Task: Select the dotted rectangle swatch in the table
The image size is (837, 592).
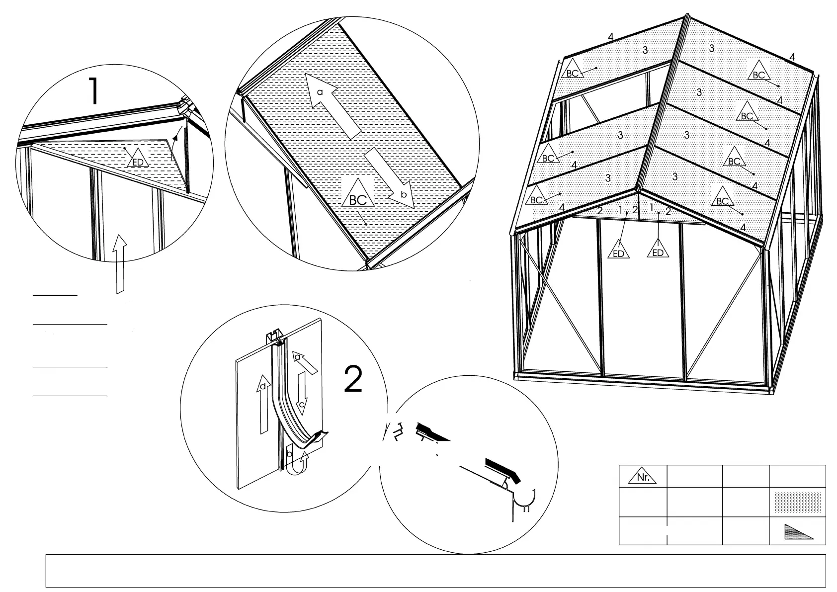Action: pos(797,503)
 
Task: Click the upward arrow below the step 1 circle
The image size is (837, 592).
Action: pos(120,263)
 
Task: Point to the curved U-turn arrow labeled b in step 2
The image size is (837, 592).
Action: pos(299,460)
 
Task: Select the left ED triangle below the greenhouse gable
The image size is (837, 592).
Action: pos(618,251)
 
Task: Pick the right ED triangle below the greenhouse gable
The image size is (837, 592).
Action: pos(658,250)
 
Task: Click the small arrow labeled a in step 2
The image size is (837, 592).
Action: pos(304,361)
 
